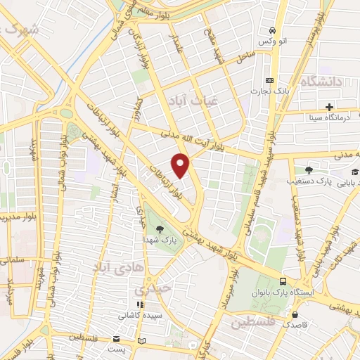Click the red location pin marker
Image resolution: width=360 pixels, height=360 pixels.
(x=181, y=166)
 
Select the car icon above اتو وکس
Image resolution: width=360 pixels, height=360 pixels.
(x=271, y=31)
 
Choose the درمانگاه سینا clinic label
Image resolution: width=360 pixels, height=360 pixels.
(x=329, y=117)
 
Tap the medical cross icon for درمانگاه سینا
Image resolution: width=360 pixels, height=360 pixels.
(x=329, y=106)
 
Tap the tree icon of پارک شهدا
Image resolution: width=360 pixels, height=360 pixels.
(x=161, y=229)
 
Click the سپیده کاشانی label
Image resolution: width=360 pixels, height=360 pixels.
(x=140, y=316)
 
